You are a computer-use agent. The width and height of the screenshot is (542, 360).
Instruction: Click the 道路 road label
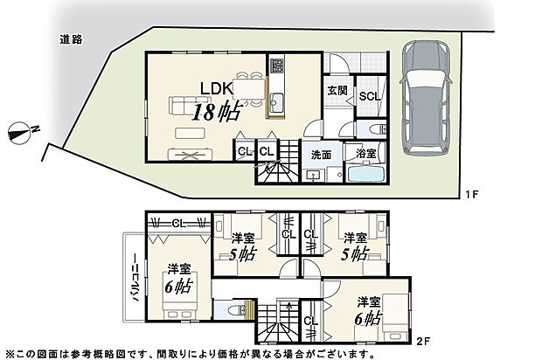[x=71, y=38]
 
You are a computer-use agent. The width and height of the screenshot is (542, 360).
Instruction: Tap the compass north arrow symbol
[x=21, y=133]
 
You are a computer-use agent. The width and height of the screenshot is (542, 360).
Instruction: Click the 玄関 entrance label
[x=337, y=90]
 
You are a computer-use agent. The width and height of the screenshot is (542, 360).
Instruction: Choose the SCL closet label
[x=369, y=97]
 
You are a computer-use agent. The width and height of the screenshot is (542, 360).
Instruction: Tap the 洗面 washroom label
[x=320, y=155]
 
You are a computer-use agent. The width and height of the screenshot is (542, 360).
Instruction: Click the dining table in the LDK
[x=252, y=92]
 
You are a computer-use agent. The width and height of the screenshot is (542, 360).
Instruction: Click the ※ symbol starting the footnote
[x=7, y=354]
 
